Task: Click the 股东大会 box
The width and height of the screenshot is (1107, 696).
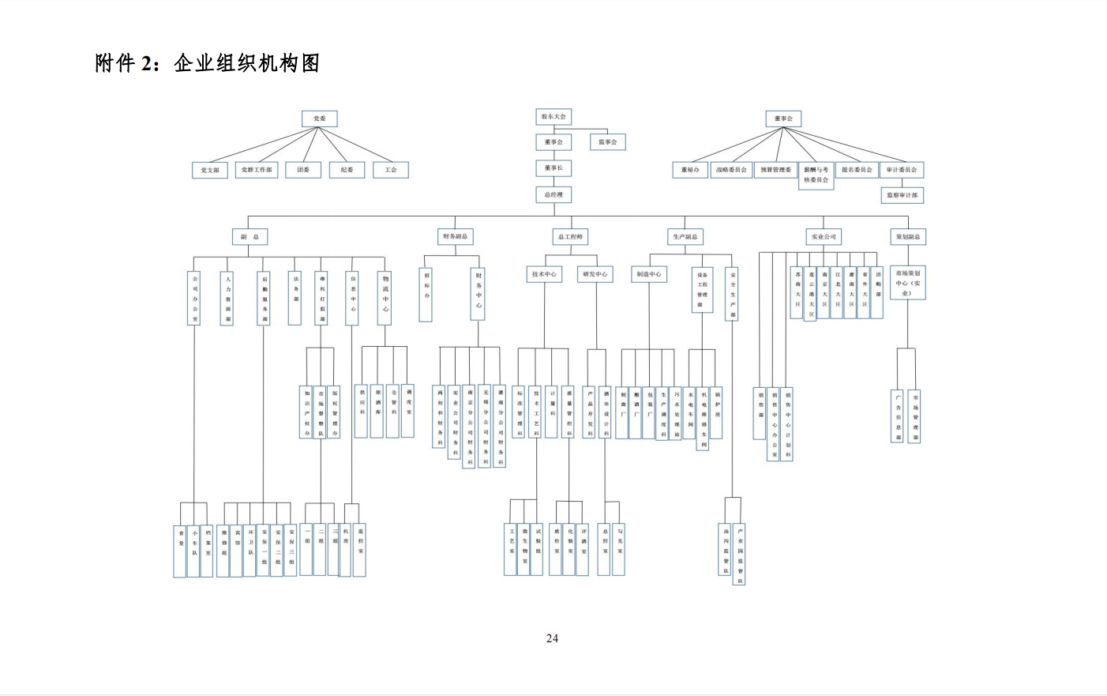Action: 553,117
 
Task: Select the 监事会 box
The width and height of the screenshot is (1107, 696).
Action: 607,142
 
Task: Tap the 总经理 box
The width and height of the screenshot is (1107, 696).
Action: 553,194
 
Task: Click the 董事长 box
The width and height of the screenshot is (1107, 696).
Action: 553,168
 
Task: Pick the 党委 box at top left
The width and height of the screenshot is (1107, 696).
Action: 319,119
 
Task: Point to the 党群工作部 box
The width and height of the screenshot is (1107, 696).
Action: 257,170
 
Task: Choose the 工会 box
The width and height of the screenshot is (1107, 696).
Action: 391,170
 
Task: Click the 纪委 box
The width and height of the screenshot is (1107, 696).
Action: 347,170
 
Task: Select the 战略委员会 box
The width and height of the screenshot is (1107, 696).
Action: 731,170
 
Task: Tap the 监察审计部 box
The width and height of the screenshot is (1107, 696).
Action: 902,195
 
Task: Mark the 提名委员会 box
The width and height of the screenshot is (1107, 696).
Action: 857,170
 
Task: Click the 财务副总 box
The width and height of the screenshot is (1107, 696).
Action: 455,236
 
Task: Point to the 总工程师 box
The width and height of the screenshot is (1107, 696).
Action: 570,237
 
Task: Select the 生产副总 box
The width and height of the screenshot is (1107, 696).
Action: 685,237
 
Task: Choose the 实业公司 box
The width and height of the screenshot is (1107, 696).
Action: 824,237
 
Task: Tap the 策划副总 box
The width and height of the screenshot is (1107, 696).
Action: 907,237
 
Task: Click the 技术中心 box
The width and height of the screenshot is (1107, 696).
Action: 544,274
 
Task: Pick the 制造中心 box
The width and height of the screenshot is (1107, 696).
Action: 649,274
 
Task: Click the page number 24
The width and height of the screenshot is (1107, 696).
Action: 552,638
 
